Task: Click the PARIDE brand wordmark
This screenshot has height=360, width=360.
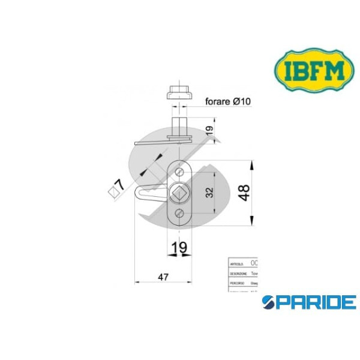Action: (310, 301)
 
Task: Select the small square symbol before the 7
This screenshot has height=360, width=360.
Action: (112, 193)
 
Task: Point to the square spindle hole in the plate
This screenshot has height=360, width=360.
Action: (179, 193)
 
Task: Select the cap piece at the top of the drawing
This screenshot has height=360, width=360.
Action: (178, 94)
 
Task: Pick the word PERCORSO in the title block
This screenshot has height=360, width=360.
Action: (238, 281)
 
